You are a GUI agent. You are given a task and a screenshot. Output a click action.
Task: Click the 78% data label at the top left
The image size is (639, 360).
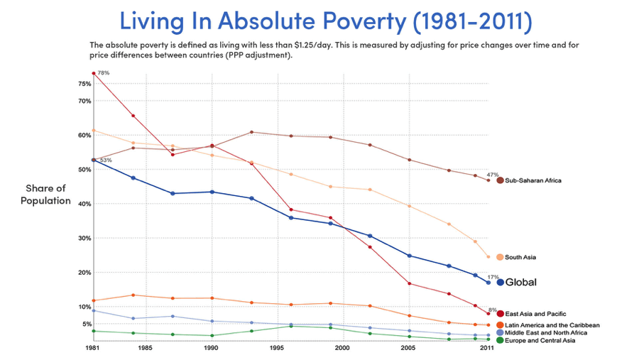pos(103,73)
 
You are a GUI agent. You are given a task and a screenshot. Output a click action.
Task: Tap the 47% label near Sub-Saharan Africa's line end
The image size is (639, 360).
pos(493,175)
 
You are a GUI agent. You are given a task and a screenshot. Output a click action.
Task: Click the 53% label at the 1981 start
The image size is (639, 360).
pos(105,160)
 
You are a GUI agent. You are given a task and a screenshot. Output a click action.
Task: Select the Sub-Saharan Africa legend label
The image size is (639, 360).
pos(533,180)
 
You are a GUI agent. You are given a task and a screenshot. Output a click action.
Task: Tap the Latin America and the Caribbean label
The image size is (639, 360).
pos(552,324)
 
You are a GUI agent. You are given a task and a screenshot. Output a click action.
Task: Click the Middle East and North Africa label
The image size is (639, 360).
pos(546,332)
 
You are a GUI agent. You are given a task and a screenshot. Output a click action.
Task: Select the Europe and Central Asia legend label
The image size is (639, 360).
pos(540,341)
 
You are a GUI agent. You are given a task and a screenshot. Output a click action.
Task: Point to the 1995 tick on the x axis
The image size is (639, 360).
pos(276,349)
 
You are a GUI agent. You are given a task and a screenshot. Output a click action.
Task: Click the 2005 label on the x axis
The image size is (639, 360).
pos(408,349)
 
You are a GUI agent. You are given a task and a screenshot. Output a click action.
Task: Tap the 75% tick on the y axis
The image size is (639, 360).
pos(84,84)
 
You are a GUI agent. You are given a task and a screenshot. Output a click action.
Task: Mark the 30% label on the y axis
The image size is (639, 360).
pos(84,238)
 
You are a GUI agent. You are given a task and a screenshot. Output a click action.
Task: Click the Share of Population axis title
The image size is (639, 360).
pos(46,194)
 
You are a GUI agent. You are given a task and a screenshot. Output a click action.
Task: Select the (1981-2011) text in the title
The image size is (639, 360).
pos(471,21)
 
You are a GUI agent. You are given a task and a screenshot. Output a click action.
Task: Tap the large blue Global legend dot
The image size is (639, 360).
pos(501,283)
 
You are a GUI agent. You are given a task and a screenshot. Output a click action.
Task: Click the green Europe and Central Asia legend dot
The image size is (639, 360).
pos(500,341)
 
